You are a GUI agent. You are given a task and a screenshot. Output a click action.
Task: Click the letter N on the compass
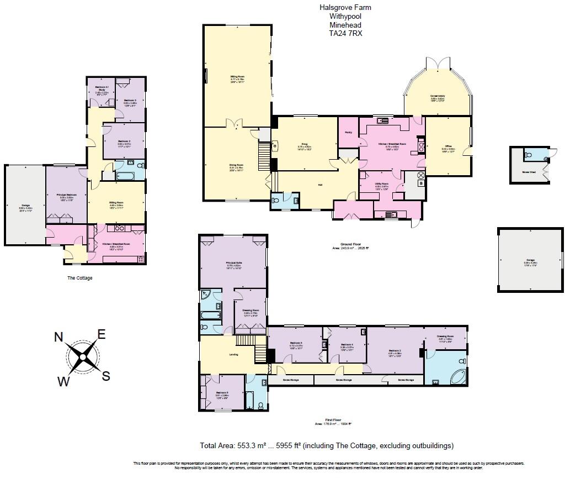(x=59, y=338)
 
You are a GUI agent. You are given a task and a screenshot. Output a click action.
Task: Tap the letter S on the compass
(x=105, y=376)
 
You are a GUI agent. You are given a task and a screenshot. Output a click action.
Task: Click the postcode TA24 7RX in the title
(x=345, y=33)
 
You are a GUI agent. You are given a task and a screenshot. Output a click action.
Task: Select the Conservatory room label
(x=438, y=96)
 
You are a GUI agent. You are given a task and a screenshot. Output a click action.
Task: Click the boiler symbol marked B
(x=422, y=183)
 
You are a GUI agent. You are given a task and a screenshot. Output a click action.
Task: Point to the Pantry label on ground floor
(x=348, y=133)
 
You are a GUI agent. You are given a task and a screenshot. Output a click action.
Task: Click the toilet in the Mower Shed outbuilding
(x=528, y=155)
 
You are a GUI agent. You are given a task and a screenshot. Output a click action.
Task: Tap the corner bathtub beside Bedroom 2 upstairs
(x=457, y=377)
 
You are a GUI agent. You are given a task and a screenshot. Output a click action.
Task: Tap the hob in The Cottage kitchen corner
(x=140, y=259)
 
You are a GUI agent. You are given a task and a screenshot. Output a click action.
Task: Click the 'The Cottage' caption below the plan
(x=80, y=278)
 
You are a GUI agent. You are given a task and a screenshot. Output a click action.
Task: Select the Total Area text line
(x=326, y=445)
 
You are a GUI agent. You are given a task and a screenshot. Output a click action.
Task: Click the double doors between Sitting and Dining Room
(x=236, y=123)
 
